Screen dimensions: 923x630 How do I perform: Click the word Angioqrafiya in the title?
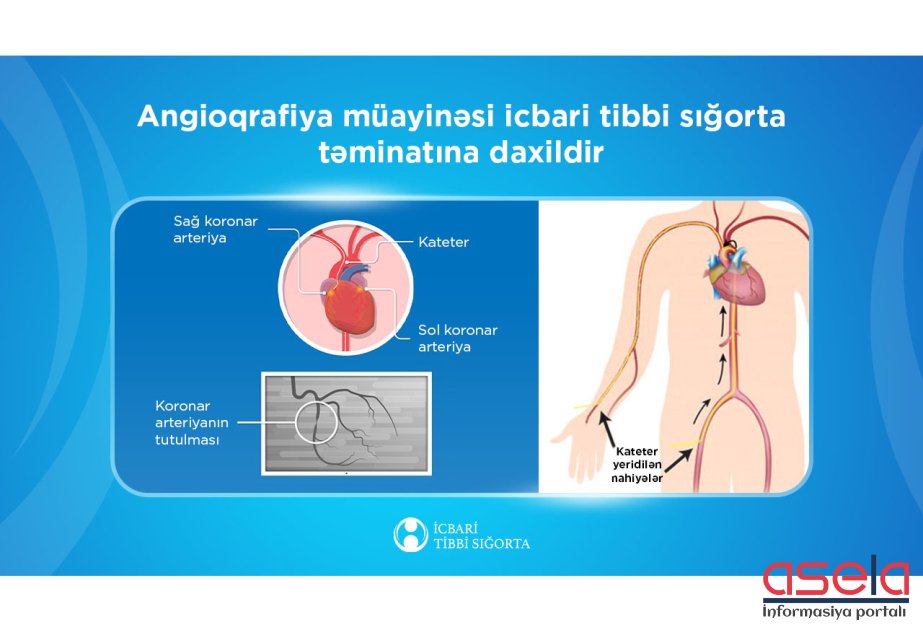[x=235, y=118]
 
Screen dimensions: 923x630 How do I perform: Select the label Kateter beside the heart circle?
[x=443, y=242]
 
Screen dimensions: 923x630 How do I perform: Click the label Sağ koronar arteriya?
[x=215, y=229]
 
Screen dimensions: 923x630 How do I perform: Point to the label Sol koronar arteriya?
[x=457, y=338]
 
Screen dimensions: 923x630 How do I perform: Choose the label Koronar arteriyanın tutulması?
[x=191, y=423]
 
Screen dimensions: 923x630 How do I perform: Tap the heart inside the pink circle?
[x=349, y=307]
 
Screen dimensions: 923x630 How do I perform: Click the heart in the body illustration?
[x=738, y=279]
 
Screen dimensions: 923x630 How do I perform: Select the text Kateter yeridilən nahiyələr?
[x=636, y=465]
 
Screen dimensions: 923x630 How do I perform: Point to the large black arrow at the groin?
[x=678, y=462]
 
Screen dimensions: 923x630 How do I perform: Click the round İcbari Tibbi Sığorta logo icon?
[x=410, y=535]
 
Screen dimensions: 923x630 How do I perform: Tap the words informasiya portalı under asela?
[x=835, y=611]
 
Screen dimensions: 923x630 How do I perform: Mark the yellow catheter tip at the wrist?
[x=585, y=407]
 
